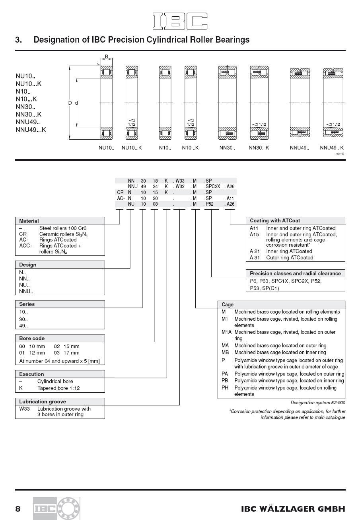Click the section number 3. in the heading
[18, 40]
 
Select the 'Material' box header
[29, 221]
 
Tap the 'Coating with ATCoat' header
[275, 220]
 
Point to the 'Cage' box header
[228, 305]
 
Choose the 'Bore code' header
[32, 338]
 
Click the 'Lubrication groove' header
[43, 401]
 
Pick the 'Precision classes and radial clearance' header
[295, 273]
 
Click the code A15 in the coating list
[254, 235]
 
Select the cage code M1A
[226, 332]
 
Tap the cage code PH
[225, 388]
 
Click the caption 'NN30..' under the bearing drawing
[227, 148]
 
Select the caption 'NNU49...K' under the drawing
[332, 148]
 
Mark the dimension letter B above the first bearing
[106, 56]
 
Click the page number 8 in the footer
[18, 509]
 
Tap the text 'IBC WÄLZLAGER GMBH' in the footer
[293, 509]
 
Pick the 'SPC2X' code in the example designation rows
[213, 186]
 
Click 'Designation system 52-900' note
[318, 403]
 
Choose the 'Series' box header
[27, 304]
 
